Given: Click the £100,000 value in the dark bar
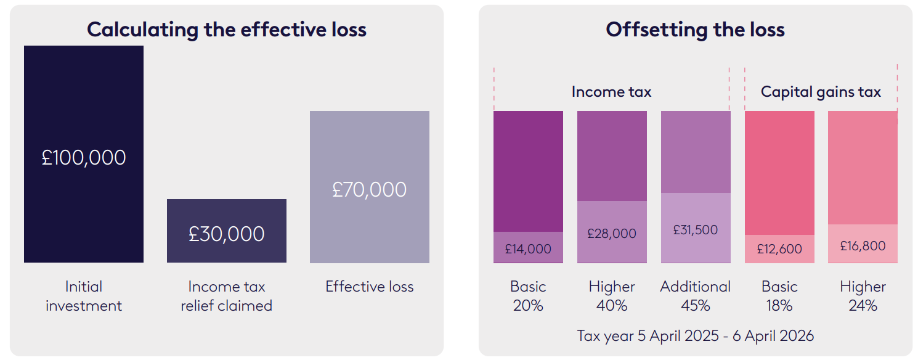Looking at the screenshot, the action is click(x=84, y=157).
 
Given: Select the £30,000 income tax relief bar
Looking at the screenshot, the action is click(x=227, y=231).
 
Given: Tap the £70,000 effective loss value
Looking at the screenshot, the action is click(x=369, y=189).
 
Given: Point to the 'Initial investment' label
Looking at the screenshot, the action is click(x=84, y=296).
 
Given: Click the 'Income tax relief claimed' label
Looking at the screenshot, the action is click(x=227, y=296).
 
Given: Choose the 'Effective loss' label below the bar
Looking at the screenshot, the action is click(x=369, y=287).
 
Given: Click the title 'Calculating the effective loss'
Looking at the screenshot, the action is click(x=227, y=30).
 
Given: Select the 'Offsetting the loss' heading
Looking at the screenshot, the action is click(x=696, y=30).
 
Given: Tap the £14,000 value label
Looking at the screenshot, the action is click(x=528, y=249).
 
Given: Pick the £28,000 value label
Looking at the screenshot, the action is click(x=611, y=234).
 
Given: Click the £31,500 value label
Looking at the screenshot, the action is click(x=696, y=230).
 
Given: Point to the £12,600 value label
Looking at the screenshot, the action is click(x=779, y=249).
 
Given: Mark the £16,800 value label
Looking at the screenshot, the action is click(x=863, y=246).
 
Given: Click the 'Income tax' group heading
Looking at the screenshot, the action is click(x=611, y=92).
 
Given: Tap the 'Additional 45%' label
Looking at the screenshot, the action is click(x=696, y=296).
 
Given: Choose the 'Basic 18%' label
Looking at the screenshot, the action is click(x=779, y=296).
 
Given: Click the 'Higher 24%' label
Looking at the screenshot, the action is click(x=863, y=296).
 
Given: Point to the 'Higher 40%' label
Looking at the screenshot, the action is click(x=611, y=296).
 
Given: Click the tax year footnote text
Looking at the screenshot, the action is click(x=696, y=336).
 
